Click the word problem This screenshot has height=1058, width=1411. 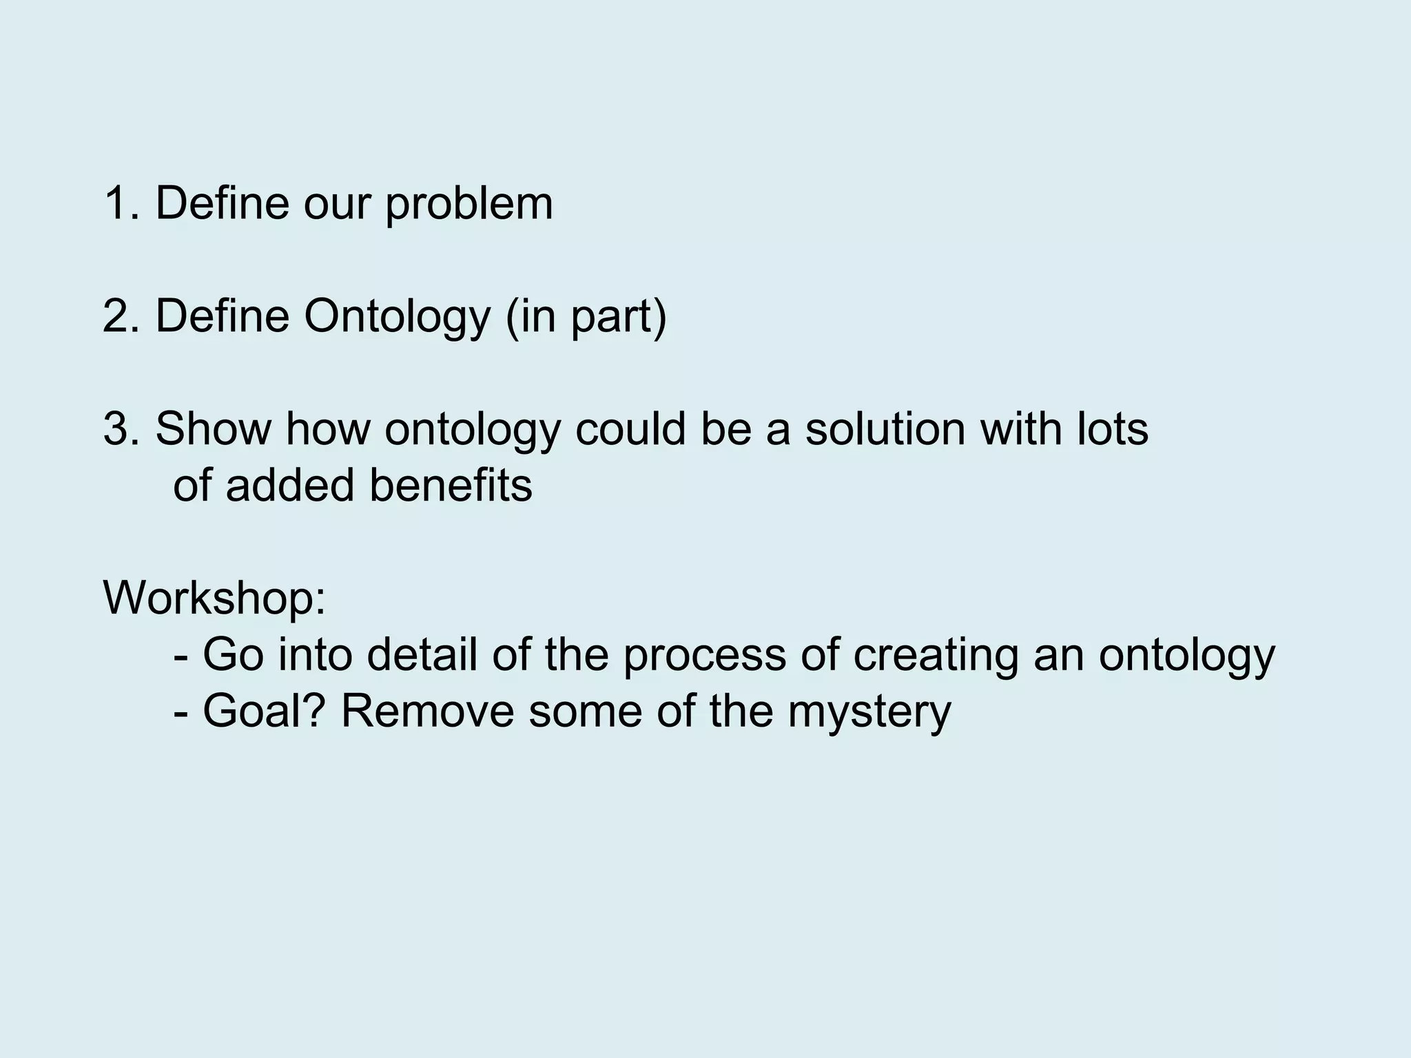point(468,205)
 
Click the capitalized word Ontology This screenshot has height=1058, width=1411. point(397,318)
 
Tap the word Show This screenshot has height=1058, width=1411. point(213,429)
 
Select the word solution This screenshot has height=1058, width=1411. point(885,429)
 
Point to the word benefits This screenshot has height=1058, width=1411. point(451,485)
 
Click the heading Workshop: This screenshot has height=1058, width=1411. point(214,598)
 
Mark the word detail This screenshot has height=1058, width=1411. point(422,654)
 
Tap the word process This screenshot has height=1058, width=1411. point(704,656)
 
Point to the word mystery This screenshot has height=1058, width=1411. point(869,712)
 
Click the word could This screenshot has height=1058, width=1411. point(630,429)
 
